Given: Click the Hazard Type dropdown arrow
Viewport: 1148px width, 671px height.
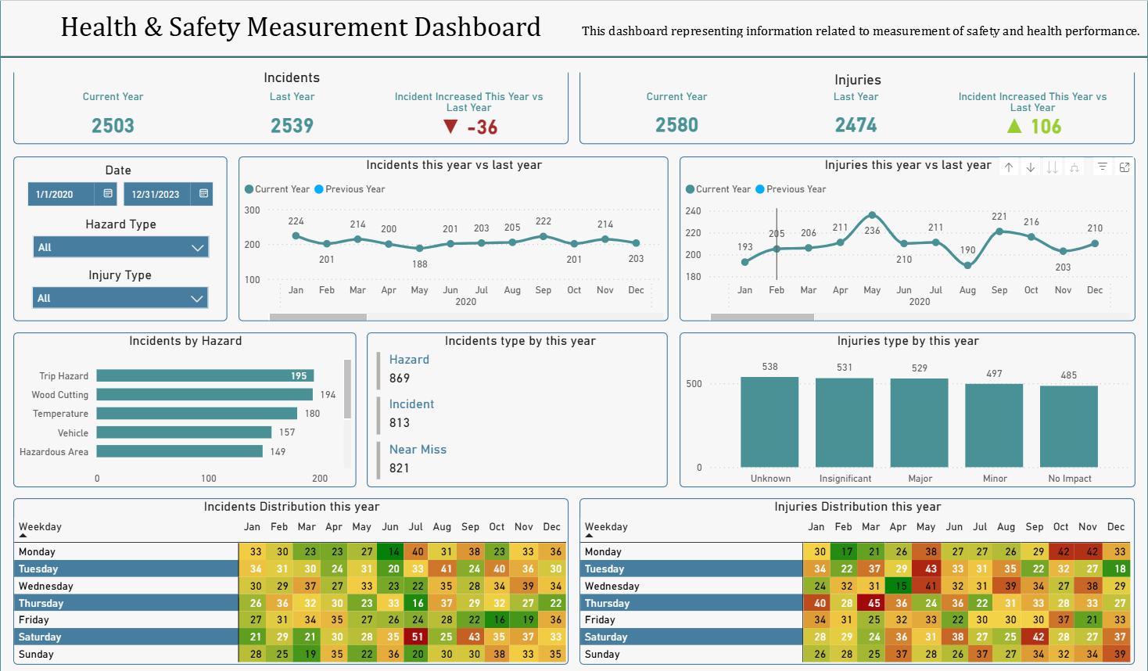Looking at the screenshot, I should [x=197, y=248].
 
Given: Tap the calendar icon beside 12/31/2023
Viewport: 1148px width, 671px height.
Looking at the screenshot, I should [x=203, y=193].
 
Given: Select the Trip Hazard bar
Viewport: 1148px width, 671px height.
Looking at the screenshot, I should [x=205, y=376].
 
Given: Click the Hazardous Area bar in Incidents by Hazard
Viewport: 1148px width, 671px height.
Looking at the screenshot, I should [x=179, y=451].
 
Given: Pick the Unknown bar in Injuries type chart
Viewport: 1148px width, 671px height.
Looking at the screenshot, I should [x=770, y=422].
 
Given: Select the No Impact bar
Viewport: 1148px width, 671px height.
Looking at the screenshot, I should [x=1068, y=426].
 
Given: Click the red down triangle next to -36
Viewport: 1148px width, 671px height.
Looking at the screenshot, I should [x=450, y=127].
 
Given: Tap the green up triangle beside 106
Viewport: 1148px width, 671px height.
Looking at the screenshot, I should [x=1014, y=126].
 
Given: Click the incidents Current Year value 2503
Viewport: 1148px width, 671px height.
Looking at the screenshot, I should [x=113, y=126].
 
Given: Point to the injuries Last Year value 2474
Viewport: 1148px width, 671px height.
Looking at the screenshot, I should [x=856, y=125].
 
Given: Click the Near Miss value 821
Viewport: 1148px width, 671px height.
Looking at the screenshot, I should [x=400, y=468].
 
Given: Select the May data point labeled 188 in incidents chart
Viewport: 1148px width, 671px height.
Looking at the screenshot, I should [x=420, y=248].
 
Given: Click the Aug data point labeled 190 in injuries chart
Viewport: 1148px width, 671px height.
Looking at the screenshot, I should [x=967, y=265].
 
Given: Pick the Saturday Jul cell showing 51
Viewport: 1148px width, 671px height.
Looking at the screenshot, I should [x=418, y=637].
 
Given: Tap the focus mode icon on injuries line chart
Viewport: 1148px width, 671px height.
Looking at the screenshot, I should [x=1124, y=167].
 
